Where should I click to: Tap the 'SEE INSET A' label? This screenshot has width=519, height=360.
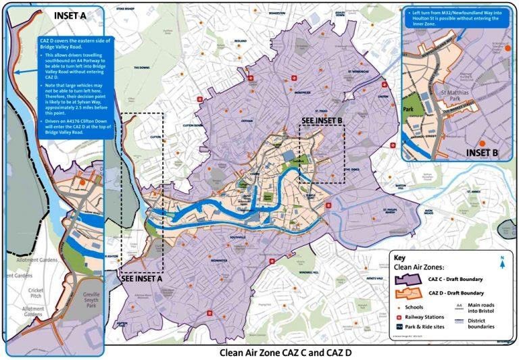pos(143,278)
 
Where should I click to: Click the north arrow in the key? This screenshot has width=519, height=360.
pos(501,259)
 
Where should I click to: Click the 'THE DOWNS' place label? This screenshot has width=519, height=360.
pos(141,68)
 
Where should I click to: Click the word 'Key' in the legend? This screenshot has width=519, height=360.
pos(401,258)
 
